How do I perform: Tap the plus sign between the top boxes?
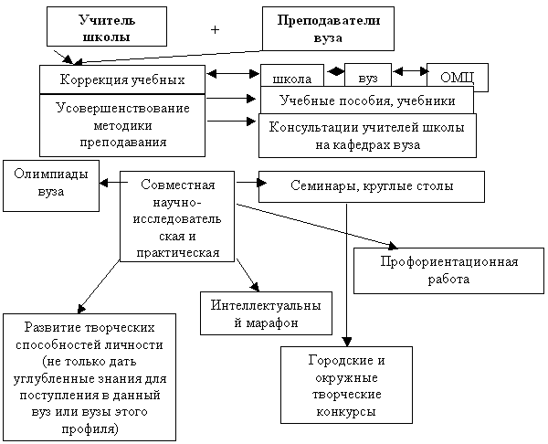pos(216,30)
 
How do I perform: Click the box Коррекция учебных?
pos(122,79)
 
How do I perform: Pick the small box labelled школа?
pos(291,77)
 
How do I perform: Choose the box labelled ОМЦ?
pos(457,78)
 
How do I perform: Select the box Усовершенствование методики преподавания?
pos(122,124)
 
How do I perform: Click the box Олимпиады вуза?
pos(51,185)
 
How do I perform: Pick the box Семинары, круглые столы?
pos(370,187)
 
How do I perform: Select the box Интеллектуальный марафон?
pos(266,313)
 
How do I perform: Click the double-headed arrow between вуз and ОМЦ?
pos(409,70)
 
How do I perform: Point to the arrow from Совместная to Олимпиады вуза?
pos(111,184)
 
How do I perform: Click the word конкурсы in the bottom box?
pos(340,412)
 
